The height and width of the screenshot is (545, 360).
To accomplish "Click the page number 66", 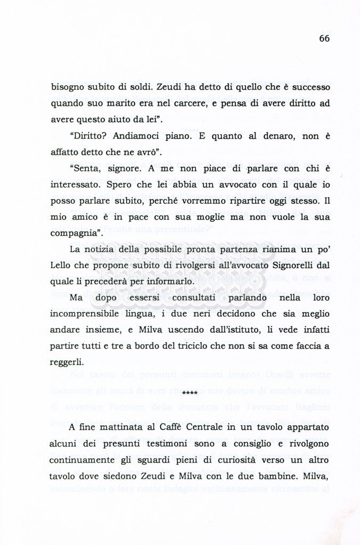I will point(324,38).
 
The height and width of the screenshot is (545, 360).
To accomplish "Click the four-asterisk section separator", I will point(190,394).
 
